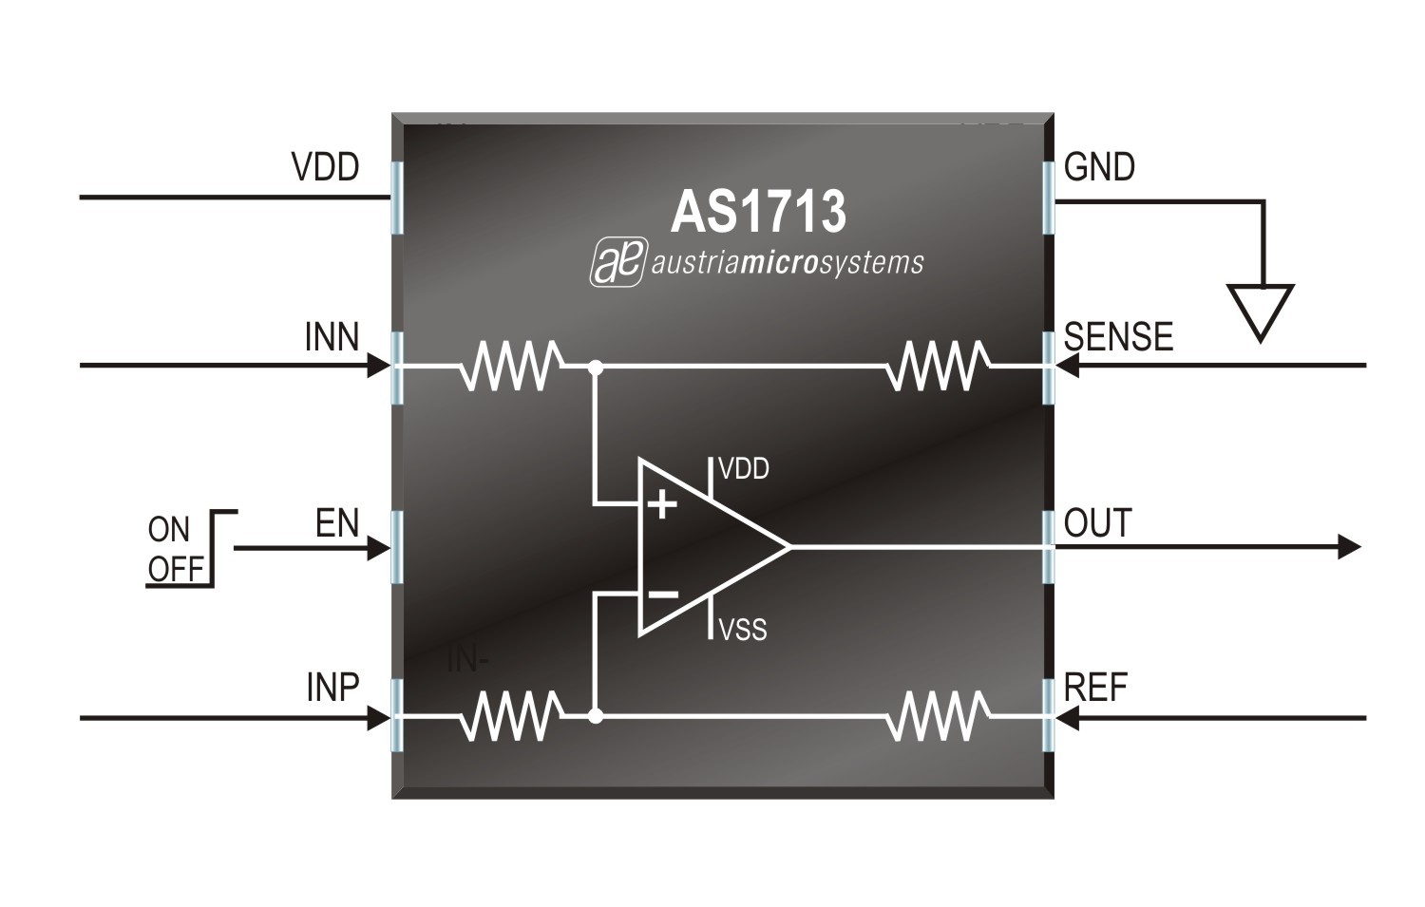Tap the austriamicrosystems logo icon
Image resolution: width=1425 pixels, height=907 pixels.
tap(617, 262)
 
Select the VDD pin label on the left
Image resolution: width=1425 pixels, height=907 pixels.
tap(325, 167)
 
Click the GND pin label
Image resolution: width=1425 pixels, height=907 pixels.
tap(1099, 167)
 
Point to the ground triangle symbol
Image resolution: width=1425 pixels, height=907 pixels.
tap(1260, 310)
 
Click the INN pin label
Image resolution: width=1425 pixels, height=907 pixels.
tap(332, 337)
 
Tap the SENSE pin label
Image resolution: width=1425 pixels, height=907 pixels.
tap(1118, 337)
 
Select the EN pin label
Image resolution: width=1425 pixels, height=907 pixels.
tap(337, 523)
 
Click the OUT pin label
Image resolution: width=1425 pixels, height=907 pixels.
tap(1097, 523)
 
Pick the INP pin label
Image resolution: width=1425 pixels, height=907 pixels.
tap(332, 688)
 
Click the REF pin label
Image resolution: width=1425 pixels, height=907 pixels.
tap(1095, 688)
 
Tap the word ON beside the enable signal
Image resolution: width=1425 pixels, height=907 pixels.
tap(169, 530)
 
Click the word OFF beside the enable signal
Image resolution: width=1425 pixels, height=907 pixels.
tap(177, 569)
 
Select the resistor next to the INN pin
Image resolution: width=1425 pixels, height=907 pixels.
tap(510, 366)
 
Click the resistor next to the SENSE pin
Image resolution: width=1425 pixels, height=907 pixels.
tap(937, 366)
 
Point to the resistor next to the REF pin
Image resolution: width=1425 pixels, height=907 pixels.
tap(937, 717)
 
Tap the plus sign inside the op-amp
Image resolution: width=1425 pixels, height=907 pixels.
tap(661, 503)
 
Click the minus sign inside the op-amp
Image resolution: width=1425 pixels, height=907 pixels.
tap(661, 595)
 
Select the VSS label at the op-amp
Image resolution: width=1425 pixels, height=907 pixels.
tap(743, 630)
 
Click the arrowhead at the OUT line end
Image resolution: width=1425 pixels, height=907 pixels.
tap(1349, 546)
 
